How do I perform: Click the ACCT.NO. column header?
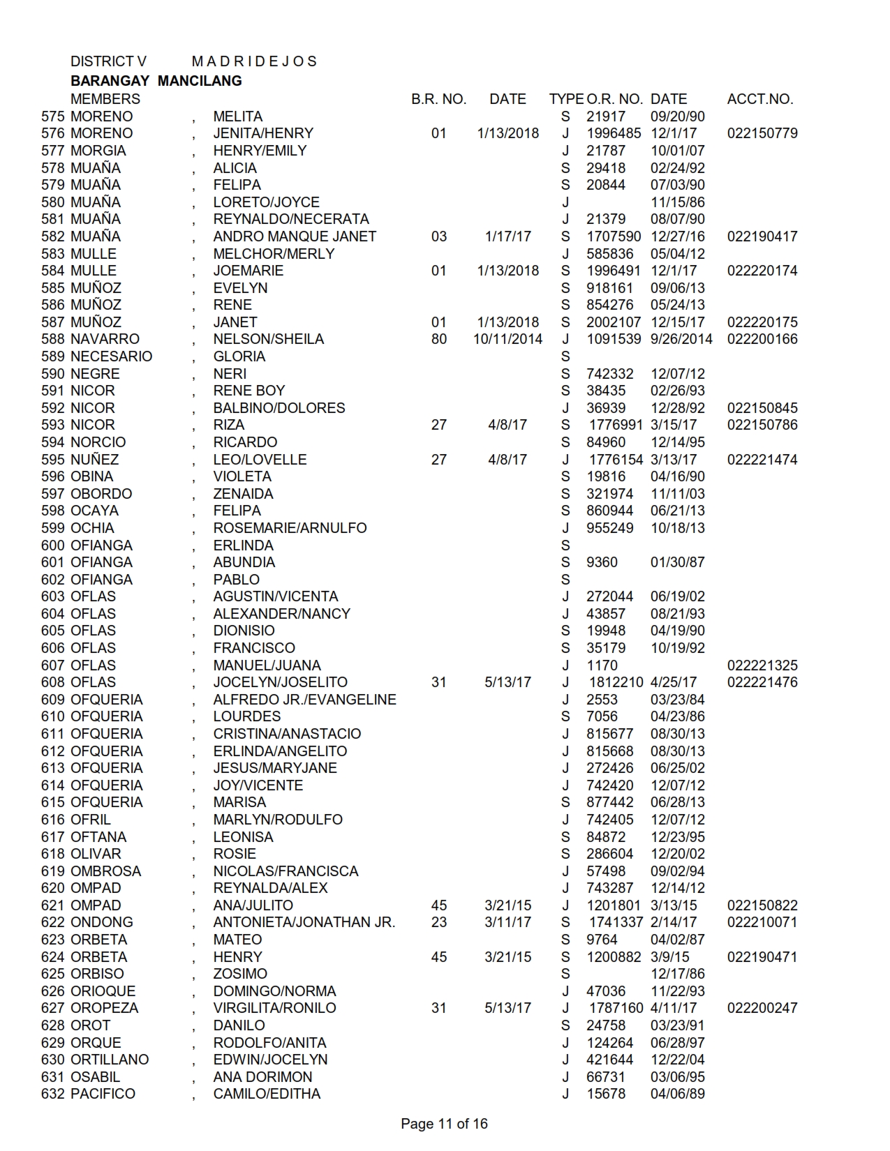tap(759, 99)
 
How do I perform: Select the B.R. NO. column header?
tap(438, 99)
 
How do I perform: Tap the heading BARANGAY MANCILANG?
tap(156, 81)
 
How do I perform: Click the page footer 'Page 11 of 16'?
tap(444, 1124)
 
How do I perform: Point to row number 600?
tap(53, 546)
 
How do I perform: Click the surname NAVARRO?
tap(105, 339)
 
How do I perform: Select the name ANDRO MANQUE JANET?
tap(295, 236)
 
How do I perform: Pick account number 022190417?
tap(762, 236)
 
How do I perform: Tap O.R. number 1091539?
tap(614, 339)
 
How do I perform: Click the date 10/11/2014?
tap(507, 339)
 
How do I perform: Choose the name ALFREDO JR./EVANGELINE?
tap(304, 700)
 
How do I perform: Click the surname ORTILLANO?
tap(110, 1060)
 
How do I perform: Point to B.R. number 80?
tap(439, 339)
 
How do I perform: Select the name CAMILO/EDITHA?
tap(267, 1094)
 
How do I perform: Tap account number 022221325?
tap(762, 665)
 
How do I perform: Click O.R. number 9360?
tap(602, 562)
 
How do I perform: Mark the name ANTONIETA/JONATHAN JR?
tap(304, 922)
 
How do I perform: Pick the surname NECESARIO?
tap(111, 356)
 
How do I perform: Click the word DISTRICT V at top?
tap(108, 61)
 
